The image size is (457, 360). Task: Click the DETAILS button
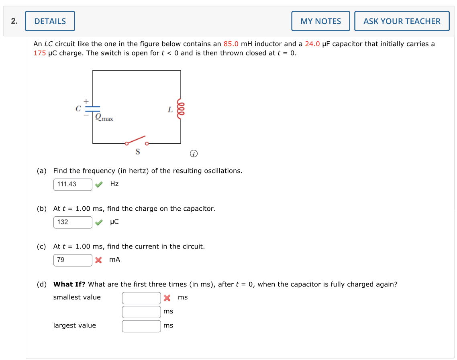50,21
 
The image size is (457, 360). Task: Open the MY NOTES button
320,21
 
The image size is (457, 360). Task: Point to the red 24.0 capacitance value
312,44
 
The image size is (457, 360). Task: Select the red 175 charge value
39,53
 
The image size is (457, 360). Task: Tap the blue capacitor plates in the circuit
93,108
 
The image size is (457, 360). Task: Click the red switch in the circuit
136,140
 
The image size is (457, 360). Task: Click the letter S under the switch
138,152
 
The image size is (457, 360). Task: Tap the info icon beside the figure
193,154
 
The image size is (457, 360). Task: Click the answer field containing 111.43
73,184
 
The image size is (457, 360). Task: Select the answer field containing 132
73,222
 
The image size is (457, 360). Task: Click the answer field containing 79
73,260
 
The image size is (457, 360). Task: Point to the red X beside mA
99,260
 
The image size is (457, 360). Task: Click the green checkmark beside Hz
99,184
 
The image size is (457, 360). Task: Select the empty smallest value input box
141,298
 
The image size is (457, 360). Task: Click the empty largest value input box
141,326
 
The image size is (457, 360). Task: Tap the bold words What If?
69,284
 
